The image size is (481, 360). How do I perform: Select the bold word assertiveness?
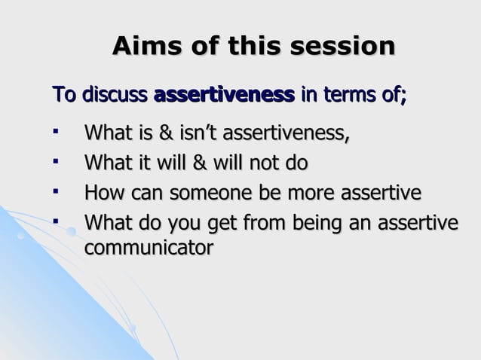[x=224, y=96]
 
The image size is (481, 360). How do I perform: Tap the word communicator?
[x=148, y=246]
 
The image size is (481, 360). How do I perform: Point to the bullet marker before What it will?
[x=55, y=163]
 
